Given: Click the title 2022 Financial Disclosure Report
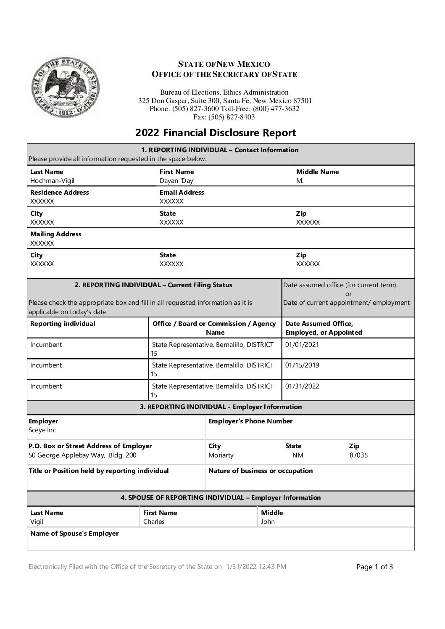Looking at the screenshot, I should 216,133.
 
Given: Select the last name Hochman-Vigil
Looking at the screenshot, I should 52,181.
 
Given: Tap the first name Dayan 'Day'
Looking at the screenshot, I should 177,181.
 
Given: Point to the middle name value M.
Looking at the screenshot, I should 300,181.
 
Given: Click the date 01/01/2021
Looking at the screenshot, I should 302,345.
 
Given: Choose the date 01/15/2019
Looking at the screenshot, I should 302,365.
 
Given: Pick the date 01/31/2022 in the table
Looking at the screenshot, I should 302,386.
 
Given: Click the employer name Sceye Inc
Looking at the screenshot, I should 42,430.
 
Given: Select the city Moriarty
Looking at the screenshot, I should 221,455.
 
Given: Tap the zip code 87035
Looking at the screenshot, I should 358,455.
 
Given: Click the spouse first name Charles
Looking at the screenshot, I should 154,522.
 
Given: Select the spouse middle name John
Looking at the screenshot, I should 268,522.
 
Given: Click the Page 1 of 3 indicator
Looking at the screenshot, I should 374,567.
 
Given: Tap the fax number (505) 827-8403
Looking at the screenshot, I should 232,117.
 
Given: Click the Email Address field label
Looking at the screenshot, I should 182,193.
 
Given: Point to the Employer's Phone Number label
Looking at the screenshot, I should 250,421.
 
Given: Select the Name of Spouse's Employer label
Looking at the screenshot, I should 74,534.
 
